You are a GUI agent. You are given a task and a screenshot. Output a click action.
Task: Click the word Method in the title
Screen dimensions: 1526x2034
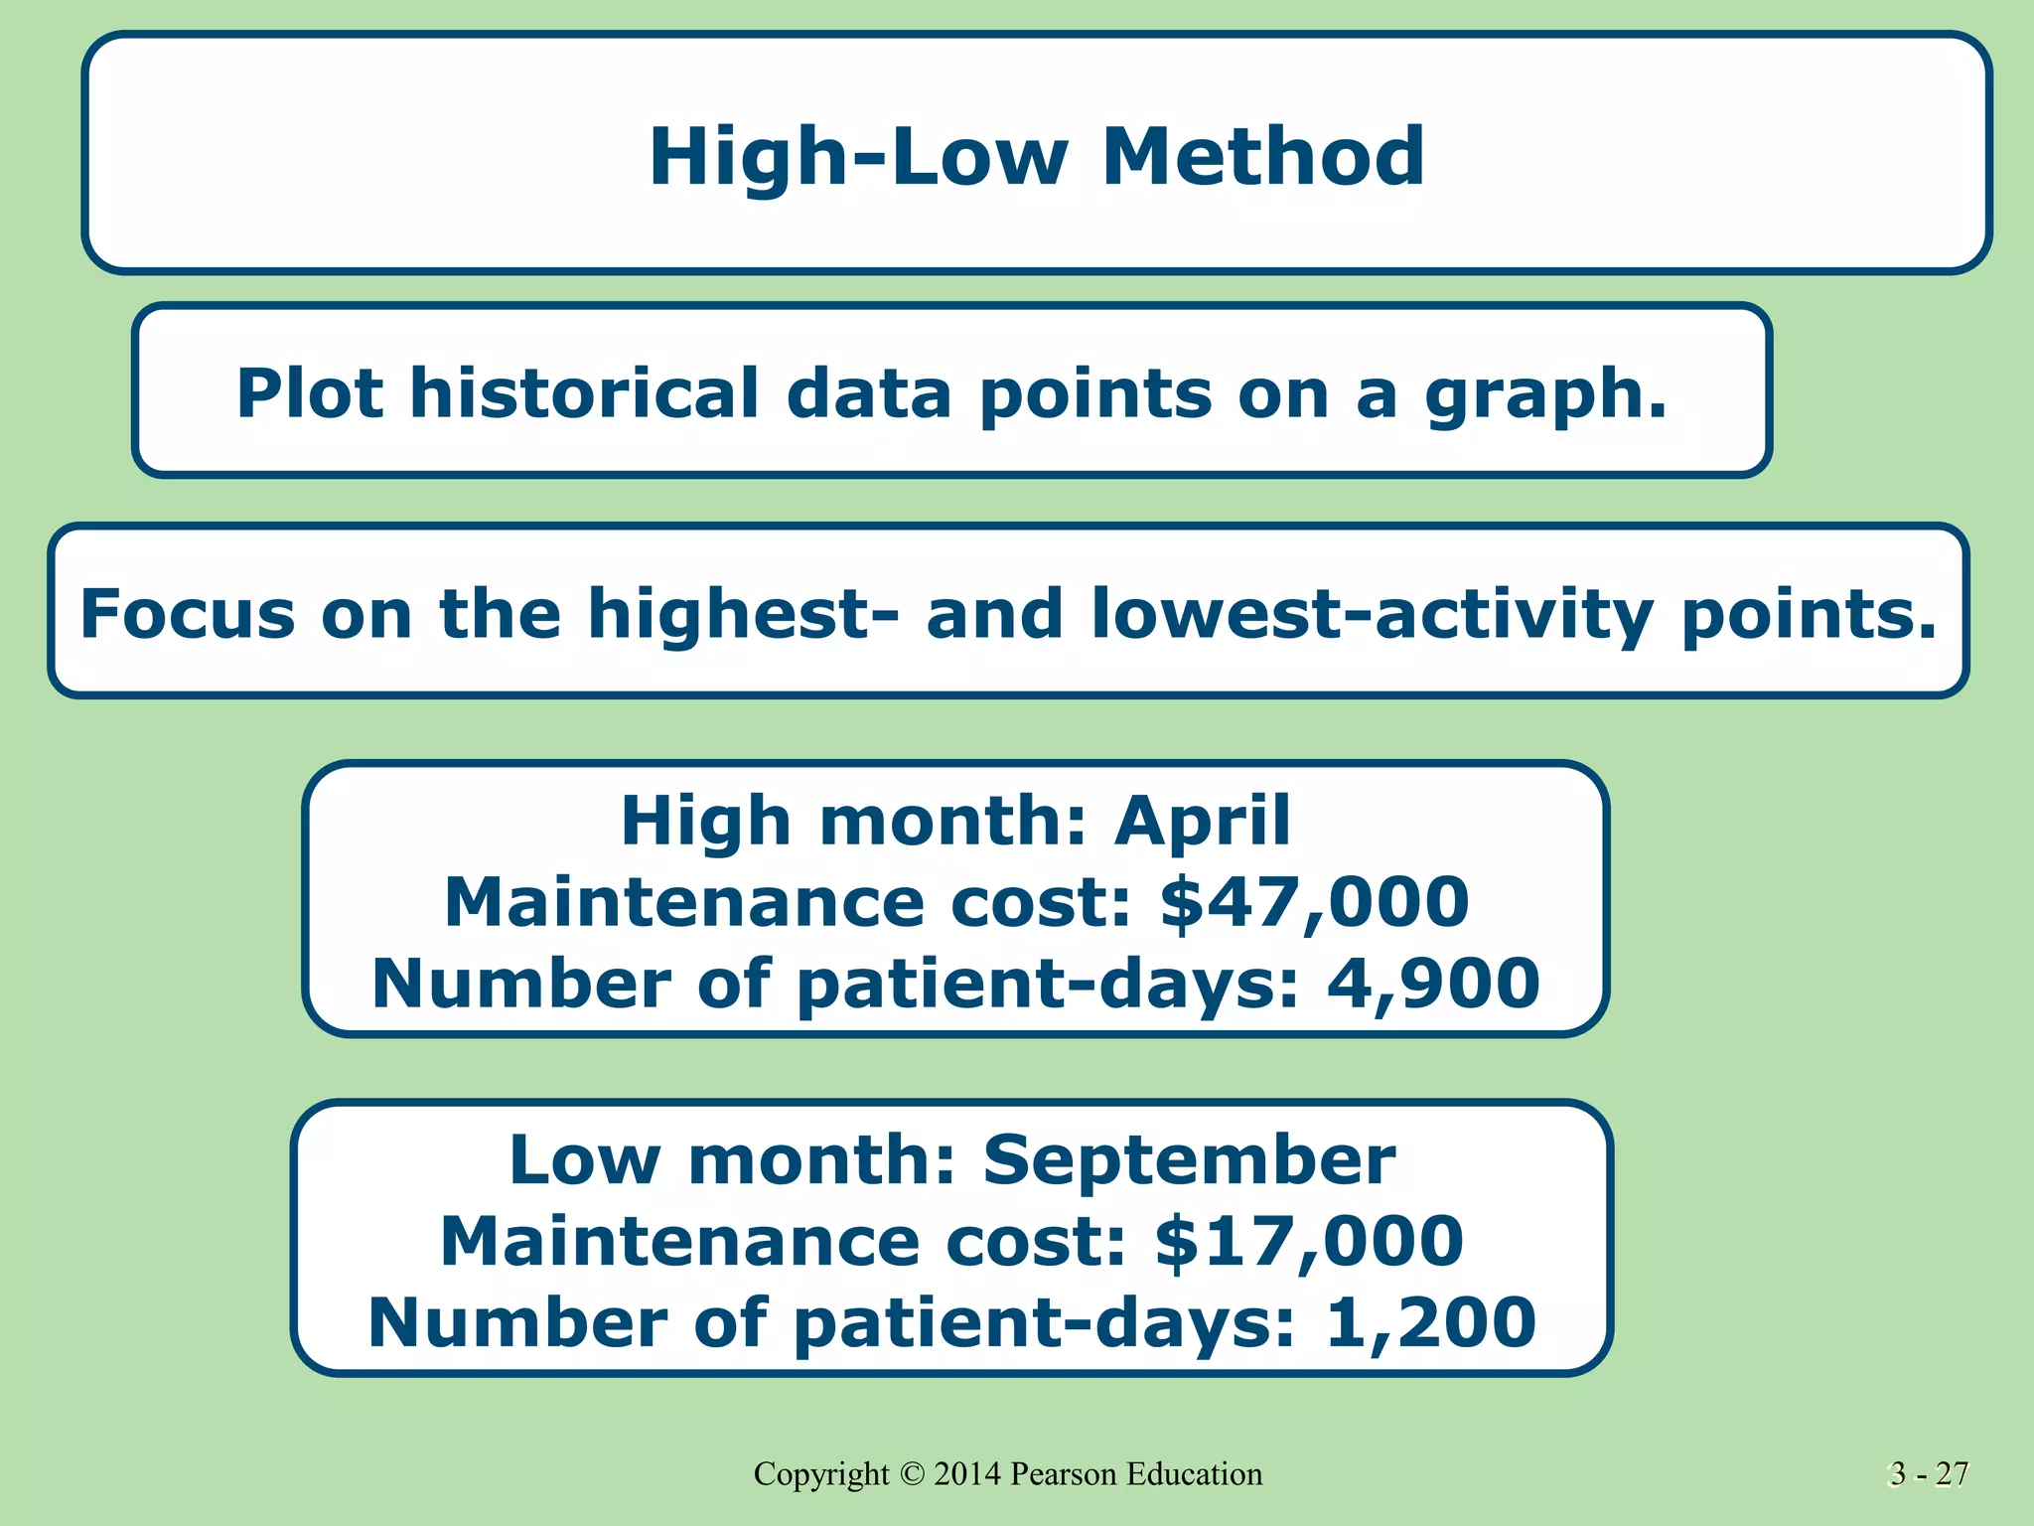(1262, 156)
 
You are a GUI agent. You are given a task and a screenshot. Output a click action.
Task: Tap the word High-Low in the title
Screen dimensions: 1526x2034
(858, 156)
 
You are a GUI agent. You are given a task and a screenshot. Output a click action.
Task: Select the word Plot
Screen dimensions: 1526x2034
(309, 393)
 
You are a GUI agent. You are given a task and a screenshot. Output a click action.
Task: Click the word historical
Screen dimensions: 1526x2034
(584, 393)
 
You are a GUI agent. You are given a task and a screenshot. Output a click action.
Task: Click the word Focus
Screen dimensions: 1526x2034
(187, 613)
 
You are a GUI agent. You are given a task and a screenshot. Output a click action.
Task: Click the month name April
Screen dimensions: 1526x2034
(1202, 822)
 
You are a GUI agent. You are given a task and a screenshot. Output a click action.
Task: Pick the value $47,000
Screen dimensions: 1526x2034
(1314, 902)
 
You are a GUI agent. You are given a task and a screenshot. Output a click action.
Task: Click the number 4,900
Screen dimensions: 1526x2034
(1433, 984)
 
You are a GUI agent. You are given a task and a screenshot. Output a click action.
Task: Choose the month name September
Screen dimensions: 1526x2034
(1189, 1160)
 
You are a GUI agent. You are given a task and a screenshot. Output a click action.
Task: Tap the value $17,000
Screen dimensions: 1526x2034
(1309, 1241)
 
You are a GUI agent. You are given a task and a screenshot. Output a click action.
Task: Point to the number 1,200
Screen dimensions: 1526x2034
(1430, 1322)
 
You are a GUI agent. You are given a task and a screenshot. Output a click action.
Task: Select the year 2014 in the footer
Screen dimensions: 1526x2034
(967, 1473)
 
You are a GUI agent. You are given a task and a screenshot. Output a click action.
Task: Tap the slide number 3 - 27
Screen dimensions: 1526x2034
(1928, 1473)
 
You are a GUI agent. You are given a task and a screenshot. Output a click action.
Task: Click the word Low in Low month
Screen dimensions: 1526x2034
(584, 1160)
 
